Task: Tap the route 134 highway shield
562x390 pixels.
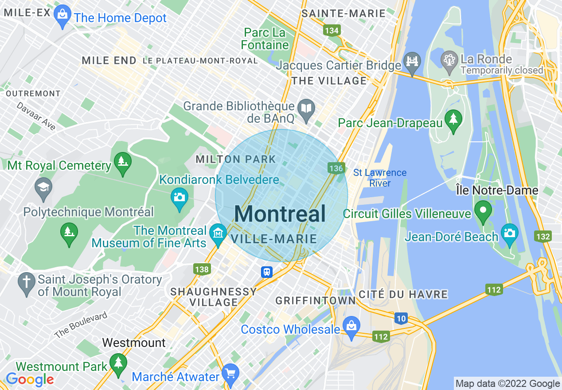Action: click(x=332, y=30)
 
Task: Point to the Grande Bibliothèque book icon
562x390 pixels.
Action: click(x=306, y=109)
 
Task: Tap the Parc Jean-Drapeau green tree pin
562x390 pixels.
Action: click(x=453, y=120)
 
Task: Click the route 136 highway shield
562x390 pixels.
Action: click(x=336, y=168)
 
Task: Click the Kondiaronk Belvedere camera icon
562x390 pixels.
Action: click(x=180, y=197)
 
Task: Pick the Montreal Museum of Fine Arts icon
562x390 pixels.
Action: click(x=218, y=233)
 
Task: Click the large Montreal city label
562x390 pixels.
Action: click(x=280, y=214)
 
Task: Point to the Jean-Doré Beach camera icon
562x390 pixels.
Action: click(x=509, y=233)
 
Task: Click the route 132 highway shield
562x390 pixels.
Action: click(x=543, y=237)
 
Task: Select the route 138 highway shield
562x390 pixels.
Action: click(x=201, y=269)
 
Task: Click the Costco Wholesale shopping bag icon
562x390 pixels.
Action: click(x=351, y=326)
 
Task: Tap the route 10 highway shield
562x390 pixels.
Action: click(x=401, y=318)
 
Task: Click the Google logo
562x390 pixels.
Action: click(x=30, y=380)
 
